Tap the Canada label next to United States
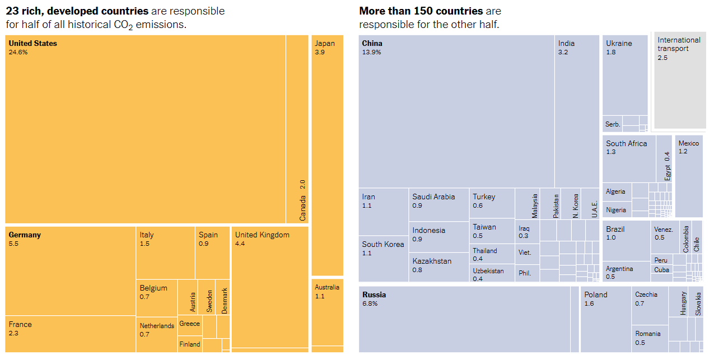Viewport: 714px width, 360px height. click(302, 200)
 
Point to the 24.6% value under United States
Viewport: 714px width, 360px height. click(18, 52)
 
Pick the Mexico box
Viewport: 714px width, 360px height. click(689, 176)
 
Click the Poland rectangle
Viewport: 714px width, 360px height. click(605, 319)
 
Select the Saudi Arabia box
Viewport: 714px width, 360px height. click(438, 204)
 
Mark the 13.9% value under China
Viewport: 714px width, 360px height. click(371, 52)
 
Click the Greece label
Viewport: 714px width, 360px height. click(189, 324)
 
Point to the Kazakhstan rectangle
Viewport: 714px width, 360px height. click(438, 267)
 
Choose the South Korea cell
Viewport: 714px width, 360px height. click(383, 258)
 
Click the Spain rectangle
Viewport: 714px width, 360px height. click(212, 252)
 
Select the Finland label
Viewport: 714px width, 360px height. click(190, 344)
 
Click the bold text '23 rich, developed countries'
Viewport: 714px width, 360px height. click(77, 11)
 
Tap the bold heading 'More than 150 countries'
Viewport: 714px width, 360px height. click(421, 11)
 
